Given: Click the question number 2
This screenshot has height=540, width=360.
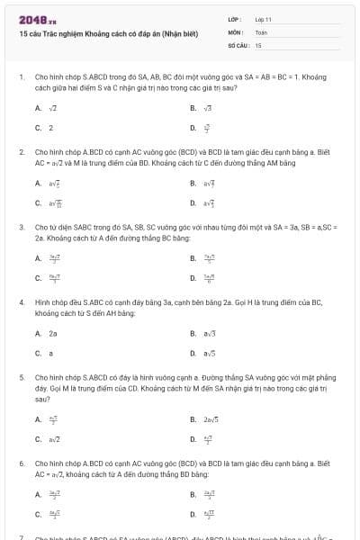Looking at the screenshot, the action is click(x=21, y=153).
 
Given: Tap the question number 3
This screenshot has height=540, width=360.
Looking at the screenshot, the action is click(x=21, y=228).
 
